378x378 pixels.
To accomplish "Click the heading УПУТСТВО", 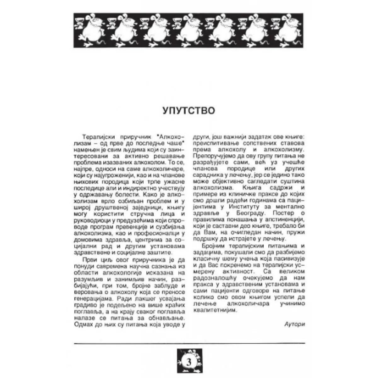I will tap(189, 111).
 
